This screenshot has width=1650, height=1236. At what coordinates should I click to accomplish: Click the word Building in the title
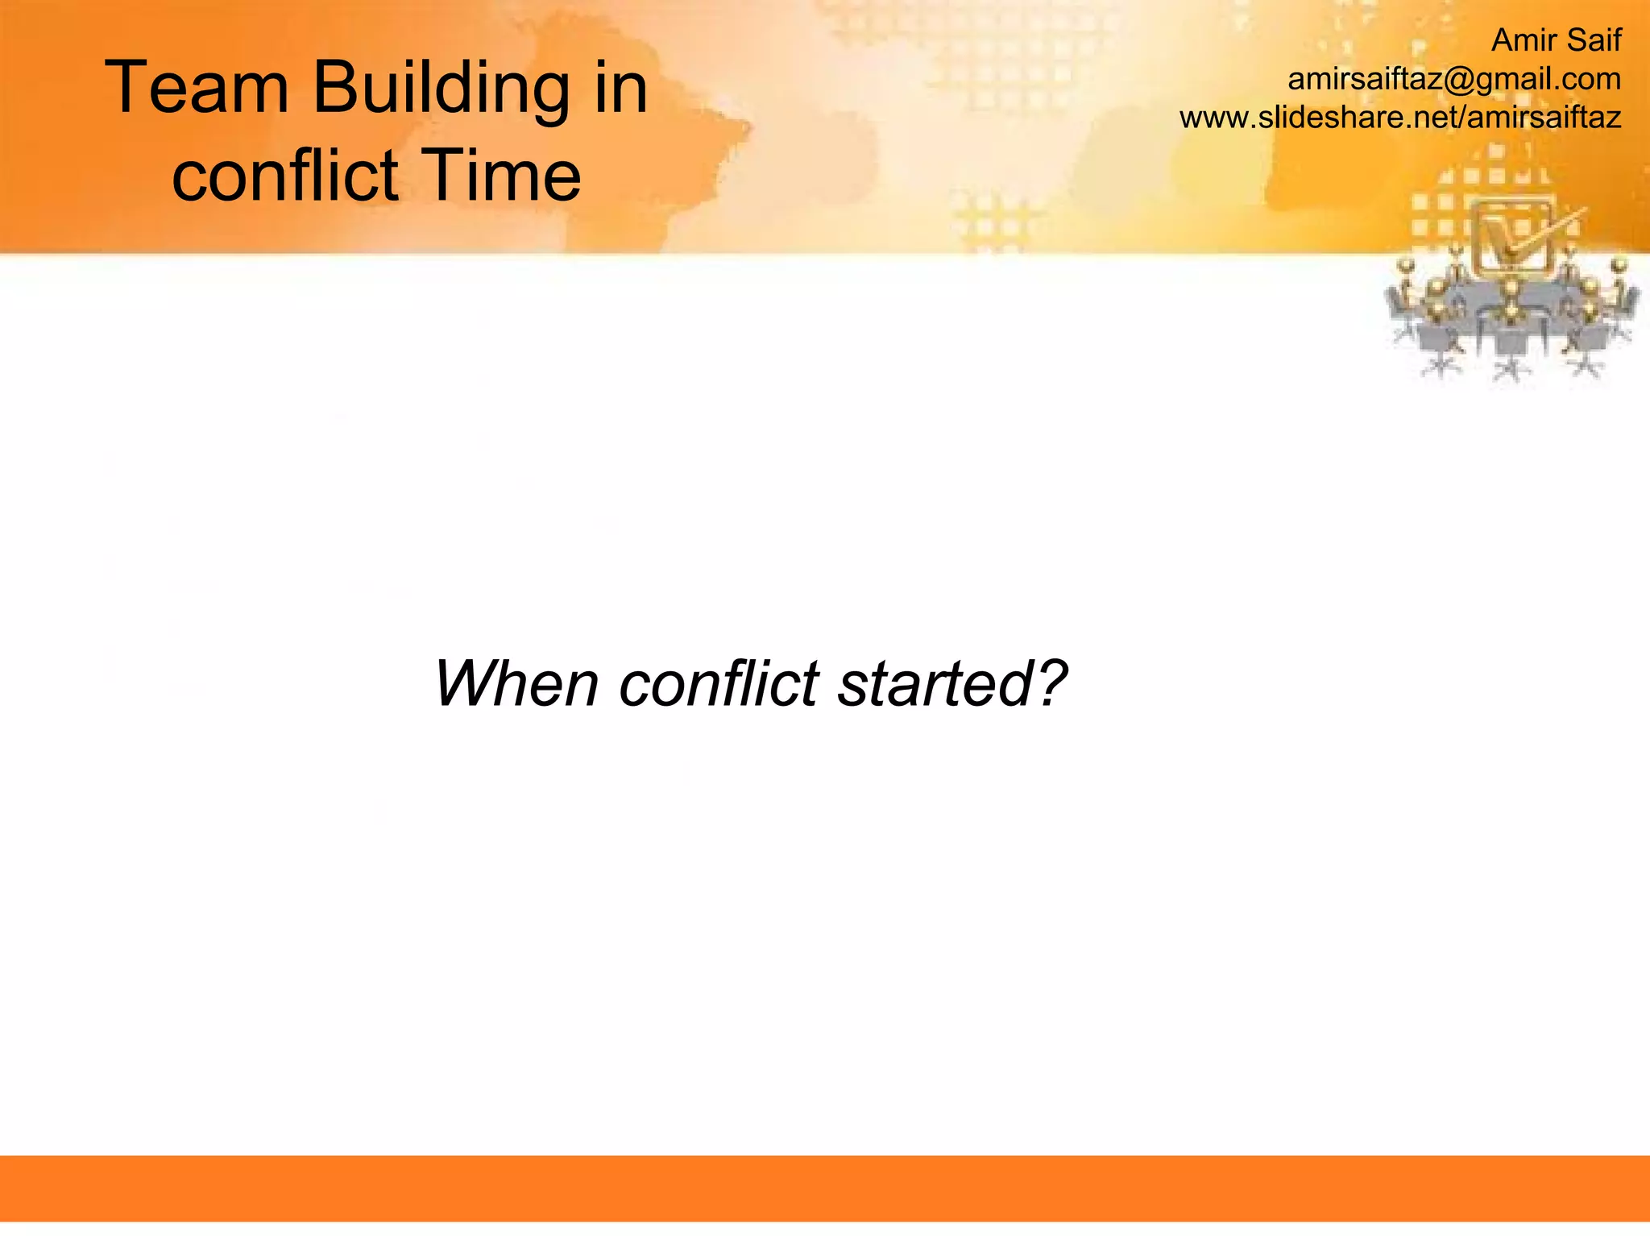click(x=441, y=89)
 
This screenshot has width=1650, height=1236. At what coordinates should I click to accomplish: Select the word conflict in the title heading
click(x=285, y=175)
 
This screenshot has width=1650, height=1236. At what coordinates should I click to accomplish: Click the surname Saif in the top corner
click(x=1593, y=40)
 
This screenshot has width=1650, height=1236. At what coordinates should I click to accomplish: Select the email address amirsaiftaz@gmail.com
click(x=1453, y=79)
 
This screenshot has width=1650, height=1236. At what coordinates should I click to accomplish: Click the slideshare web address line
click(x=1399, y=118)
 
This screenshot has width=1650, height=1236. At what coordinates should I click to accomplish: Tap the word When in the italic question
click(x=516, y=683)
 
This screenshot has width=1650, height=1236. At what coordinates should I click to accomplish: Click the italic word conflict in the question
click(x=719, y=683)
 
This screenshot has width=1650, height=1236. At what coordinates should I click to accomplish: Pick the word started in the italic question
click(x=935, y=683)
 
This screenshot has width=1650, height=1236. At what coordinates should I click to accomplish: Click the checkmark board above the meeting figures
click(x=1511, y=238)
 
